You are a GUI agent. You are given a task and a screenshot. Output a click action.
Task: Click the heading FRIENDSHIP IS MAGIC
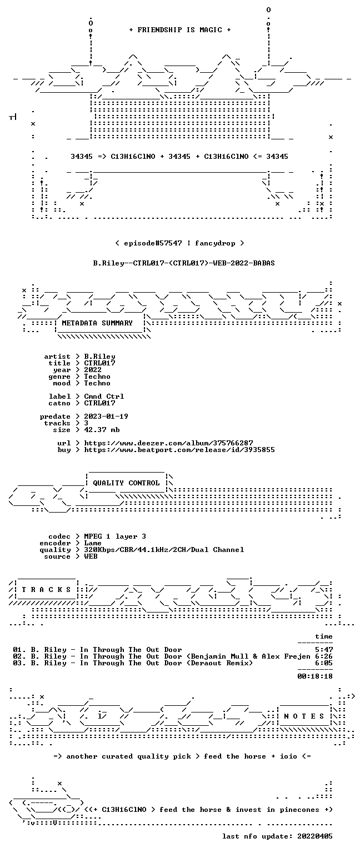point(180,30)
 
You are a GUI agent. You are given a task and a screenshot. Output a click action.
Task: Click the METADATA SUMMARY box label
point(97,323)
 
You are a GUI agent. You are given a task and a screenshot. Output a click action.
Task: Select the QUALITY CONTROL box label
point(126,483)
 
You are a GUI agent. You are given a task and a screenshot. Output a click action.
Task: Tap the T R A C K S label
point(46,590)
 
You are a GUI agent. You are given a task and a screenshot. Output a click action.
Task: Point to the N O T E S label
point(304,716)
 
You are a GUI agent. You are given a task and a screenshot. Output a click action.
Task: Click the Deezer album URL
point(168,443)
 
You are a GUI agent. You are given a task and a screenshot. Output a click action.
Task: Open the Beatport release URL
point(179,450)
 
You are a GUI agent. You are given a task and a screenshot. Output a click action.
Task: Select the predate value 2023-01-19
point(106,417)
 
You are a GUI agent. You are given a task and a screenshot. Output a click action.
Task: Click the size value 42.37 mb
point(102,430)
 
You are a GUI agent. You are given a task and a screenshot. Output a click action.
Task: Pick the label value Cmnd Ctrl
point(104,397)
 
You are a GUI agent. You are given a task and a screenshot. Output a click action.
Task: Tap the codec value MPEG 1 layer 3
point(115,536)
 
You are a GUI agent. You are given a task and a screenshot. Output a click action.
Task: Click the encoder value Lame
point(93,543)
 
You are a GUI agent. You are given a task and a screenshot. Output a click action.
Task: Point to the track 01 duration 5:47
point(324,650)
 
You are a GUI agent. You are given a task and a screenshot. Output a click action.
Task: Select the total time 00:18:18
point(314,676)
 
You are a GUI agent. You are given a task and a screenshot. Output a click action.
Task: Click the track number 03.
point(17,663)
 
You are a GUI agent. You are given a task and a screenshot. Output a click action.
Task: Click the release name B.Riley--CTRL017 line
point(184,263)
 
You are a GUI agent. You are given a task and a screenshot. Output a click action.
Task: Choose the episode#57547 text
point(153,243)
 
